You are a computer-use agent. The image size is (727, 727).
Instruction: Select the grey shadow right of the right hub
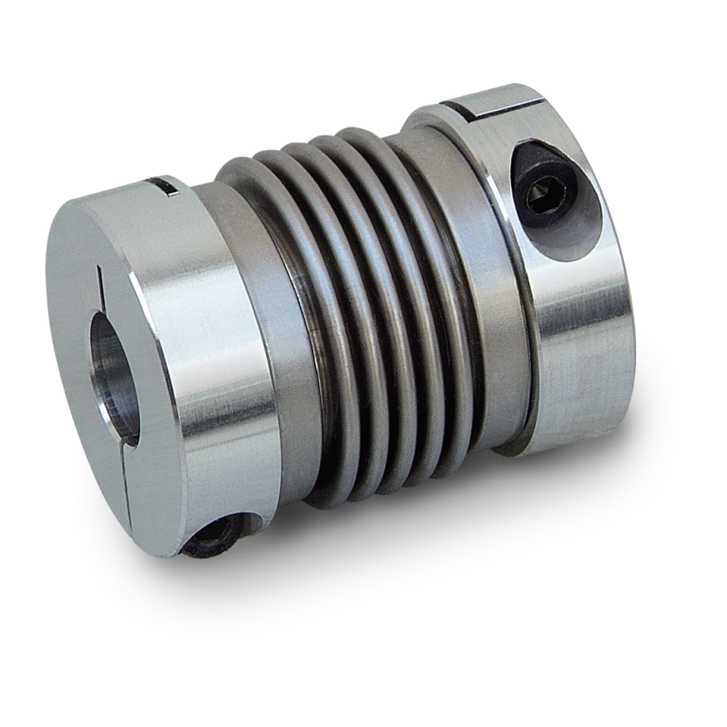[653, 398]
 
